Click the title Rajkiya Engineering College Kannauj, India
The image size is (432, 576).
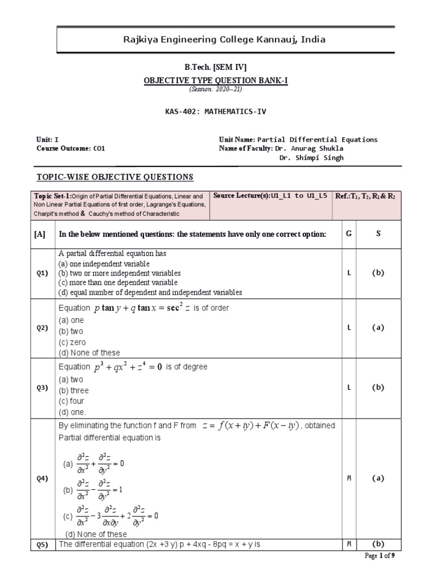coord(216,40)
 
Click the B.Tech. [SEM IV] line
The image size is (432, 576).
coord(216,67)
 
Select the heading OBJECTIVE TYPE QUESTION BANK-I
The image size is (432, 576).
coord(216,80)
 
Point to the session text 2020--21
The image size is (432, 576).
coord(216,89)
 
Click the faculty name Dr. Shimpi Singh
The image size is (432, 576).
coord(311,157)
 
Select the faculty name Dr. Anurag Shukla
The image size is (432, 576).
coord(309,148)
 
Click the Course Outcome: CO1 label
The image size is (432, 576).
coord(70,148)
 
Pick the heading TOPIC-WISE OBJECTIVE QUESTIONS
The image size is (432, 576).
coord(115,177)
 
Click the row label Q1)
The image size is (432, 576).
coord(43,273)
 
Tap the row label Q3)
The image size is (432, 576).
coord(43,388)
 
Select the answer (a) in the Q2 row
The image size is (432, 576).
coord(378,328)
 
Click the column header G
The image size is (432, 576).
coord(349,233)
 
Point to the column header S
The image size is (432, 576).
coord(378,233)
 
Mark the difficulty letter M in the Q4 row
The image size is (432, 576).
coord(349,478)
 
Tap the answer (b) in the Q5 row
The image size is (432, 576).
coord(378,544)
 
